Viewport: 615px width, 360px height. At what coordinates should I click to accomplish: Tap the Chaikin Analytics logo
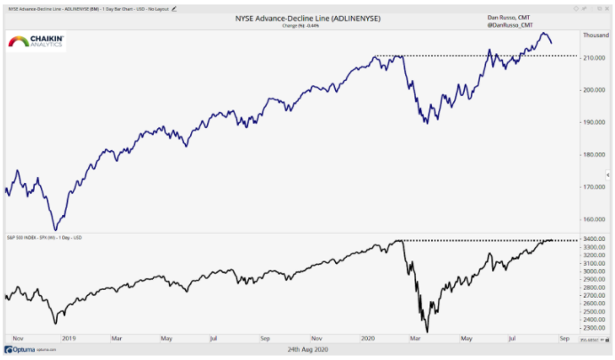36,43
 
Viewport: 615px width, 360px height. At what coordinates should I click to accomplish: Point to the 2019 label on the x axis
68,339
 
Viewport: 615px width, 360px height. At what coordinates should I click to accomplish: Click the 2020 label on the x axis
368,339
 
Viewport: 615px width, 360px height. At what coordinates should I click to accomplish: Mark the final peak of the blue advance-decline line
544,33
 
